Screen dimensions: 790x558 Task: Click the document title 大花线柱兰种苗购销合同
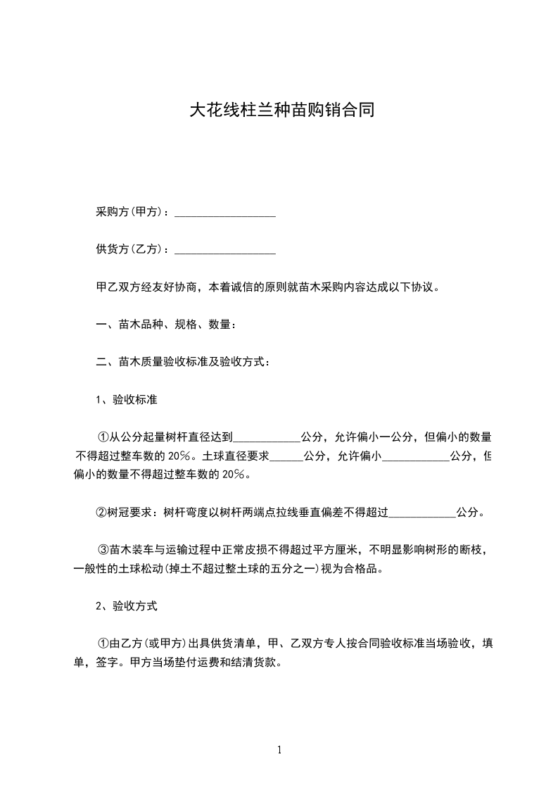click(279, 111)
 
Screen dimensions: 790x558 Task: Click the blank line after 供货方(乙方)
click(224, 249)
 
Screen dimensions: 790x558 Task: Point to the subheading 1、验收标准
click(126, 400)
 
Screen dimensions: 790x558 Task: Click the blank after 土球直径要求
click(286, 456)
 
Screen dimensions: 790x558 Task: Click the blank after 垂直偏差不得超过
click(422, 513)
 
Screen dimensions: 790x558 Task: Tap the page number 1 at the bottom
click(280, 751)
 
